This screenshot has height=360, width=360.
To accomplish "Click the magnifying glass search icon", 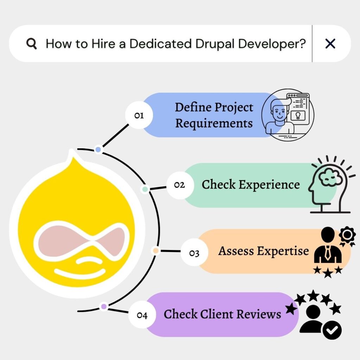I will pos(32,44).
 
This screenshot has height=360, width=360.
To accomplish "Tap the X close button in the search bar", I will pos(330,44).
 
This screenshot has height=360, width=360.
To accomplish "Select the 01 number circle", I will pos(139,115).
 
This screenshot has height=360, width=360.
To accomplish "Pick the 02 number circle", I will pos(179,185).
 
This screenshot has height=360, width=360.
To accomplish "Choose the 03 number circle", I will pos(194,253).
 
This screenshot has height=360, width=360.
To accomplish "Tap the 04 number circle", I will pos(142,315).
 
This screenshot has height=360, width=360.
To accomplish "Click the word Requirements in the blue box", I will pos(214,123).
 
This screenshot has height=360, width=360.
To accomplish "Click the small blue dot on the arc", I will pos(98,150).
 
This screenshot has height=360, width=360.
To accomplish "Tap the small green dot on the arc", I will pos(144,189).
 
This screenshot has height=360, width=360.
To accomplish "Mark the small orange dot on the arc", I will pos(156,251).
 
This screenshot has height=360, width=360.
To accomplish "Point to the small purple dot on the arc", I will pos(103,307).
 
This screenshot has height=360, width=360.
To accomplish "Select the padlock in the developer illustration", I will pos(298,116).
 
